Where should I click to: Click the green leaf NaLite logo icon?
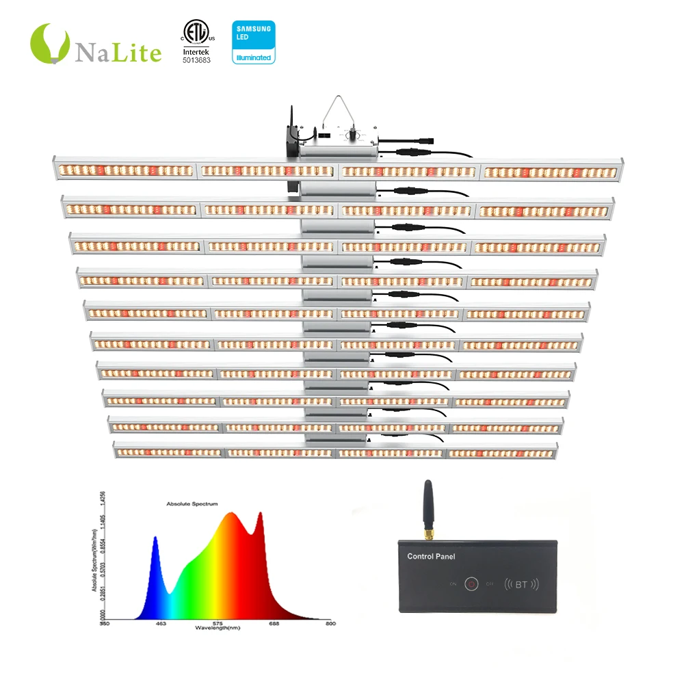(50, 42)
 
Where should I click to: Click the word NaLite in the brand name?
(118, 52)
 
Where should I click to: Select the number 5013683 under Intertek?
(196, 60)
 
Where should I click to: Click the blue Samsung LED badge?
(253, 42)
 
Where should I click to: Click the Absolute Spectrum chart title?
(192, 504)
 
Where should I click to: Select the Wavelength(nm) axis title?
(218, 627)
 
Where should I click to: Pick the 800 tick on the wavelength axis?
(330, 622)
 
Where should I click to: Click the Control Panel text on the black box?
(431, 557)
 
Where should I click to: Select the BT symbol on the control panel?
(521, 584)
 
